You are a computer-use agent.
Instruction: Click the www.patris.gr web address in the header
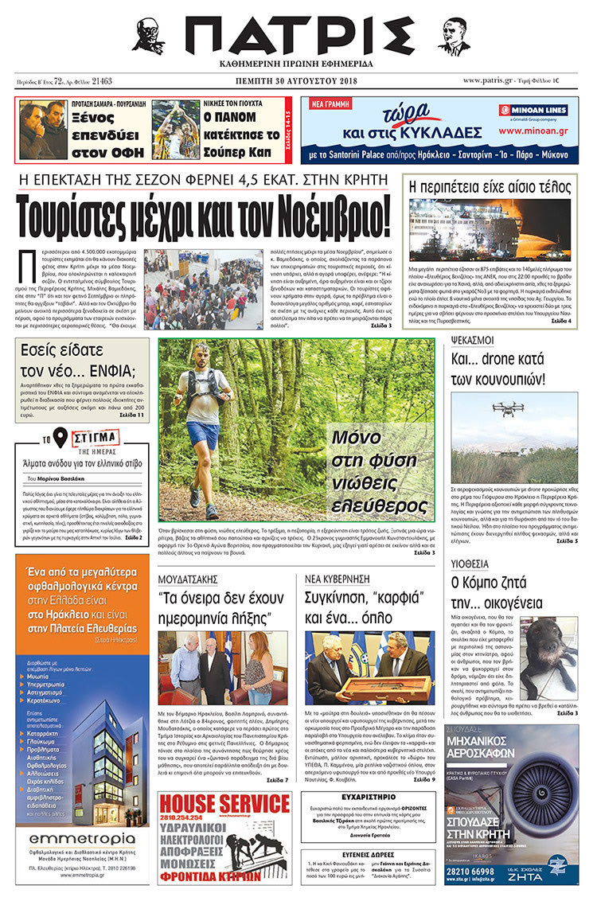point(488,80)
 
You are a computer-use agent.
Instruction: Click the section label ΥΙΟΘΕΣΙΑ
point(470,564)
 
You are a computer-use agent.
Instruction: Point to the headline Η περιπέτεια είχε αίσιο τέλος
point(490,187)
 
